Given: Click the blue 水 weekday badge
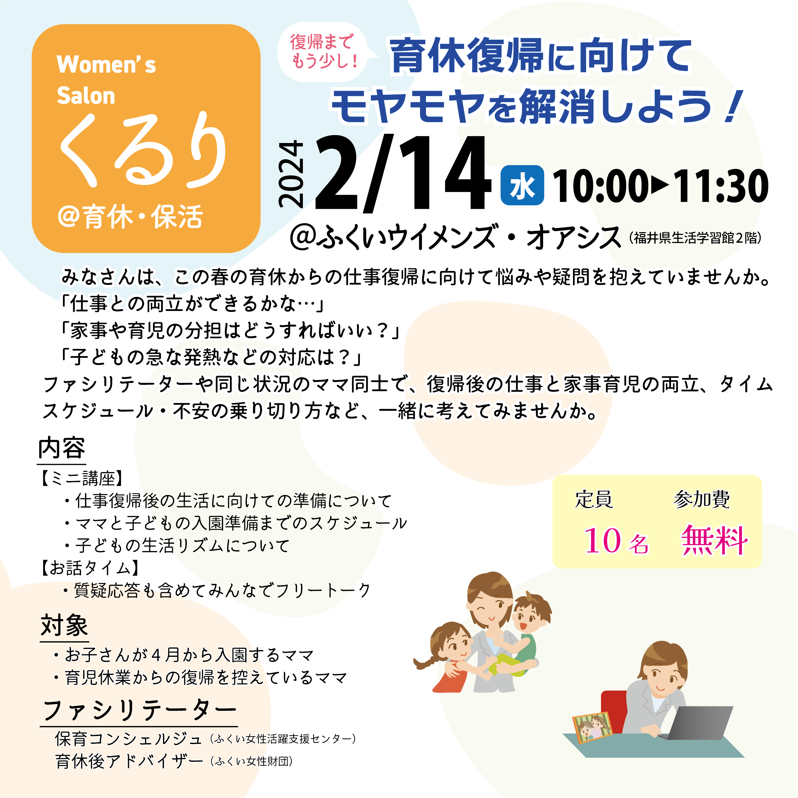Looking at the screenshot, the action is coord(522,185).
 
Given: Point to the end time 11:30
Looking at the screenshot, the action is coord(720,186).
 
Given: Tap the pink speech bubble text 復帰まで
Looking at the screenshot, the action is coord(322,42).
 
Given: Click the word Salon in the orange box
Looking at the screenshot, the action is coord(86,96).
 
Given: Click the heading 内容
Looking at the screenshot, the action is coord(62,448).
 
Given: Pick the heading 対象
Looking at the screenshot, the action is coord(64,625).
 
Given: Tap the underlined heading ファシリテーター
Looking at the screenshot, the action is coord(139,710).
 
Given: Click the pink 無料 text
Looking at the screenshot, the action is coord(714,540).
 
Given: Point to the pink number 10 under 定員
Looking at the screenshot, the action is coord(603,540).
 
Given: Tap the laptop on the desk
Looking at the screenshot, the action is coord(698,723).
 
